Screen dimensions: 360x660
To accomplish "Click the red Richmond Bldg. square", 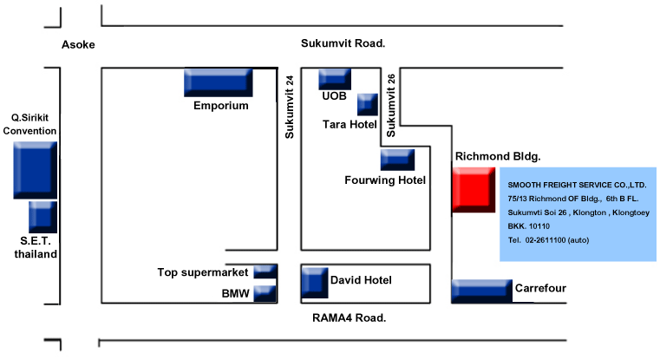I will click(x=474, y=191).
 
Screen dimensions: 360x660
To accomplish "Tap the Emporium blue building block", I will click(x=218, y=82).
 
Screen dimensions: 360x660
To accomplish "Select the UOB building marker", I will click(x=335, y=79).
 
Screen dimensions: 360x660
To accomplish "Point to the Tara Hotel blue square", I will click(x=368, y=104).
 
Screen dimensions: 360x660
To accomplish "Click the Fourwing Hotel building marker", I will click(x=397, y=160).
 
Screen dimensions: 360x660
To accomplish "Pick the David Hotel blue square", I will click(x=314, y=283).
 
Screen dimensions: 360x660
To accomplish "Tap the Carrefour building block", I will click(x=481, y=291).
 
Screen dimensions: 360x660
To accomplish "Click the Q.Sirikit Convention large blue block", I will click(x=35, y=170).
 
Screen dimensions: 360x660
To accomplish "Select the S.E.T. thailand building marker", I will click(x=42, y=217).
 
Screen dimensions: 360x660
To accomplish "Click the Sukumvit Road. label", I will click(x=343, y=43).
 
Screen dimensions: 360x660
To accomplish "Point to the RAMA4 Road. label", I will click(x=349, y=317).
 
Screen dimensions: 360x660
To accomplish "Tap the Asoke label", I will click(x=78, y=44).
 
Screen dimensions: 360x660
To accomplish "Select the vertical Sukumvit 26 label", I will click(x=391, y=105).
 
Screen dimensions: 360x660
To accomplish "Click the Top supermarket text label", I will click(x=204, y=272).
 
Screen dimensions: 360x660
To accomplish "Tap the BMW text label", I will click(x=236, y=294).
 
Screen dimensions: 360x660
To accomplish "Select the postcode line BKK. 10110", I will click(x=530, y=225).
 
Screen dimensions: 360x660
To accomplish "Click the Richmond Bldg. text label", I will click(x=498, y=157).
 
